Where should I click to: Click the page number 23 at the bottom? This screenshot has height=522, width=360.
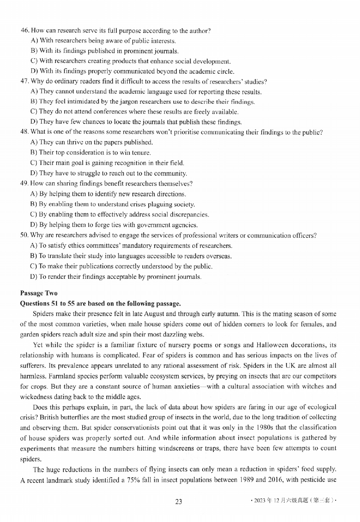178,501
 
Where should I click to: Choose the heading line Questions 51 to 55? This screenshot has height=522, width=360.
100,303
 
